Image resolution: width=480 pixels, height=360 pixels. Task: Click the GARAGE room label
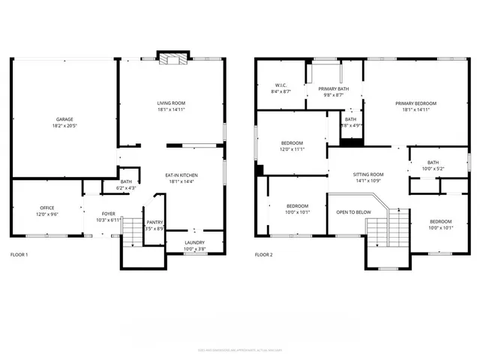[64, 119]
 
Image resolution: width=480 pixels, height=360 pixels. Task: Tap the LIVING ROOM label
[171, 103]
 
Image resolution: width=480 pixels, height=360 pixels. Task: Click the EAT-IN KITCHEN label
[181, 175]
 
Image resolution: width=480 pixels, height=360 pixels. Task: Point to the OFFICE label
[47, 208]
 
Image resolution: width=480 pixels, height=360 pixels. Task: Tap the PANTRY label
[155, 222]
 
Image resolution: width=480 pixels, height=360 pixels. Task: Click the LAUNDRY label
[194, 242]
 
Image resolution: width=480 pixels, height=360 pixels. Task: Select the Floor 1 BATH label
[126, 181]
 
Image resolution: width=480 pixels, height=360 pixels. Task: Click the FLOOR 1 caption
[19, 255]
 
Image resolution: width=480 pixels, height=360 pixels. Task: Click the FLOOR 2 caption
[263, 255]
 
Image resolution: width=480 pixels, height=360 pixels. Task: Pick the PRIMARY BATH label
[333, 89]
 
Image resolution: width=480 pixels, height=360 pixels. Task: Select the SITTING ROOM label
[368, 174]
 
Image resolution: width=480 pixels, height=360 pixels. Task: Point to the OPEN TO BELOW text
[353, 212]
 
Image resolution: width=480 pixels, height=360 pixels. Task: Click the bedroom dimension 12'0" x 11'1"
[292, 149]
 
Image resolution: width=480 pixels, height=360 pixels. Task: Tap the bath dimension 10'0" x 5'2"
[433, 169]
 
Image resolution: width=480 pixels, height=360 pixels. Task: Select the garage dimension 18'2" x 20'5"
[64, 125]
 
